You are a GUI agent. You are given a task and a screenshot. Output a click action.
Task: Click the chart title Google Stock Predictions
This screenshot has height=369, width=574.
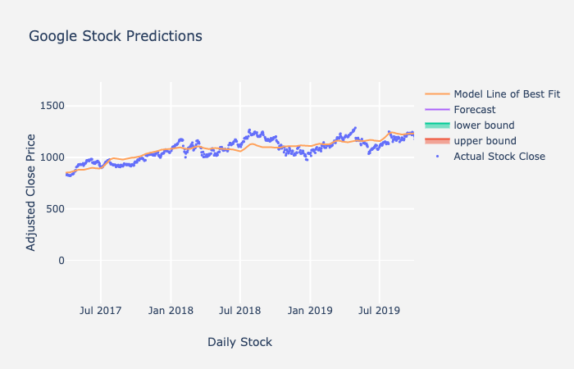pyautogui.click(x=116, y=37)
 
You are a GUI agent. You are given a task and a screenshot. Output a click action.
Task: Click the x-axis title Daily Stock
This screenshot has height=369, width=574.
pyautogui.click(x=239, y=342)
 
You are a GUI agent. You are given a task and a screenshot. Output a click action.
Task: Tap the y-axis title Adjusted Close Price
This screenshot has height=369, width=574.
pyautogui.click(x=31, y=192)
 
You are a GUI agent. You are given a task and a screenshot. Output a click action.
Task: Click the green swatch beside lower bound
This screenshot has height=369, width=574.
pyautogui.click(x=437, y=125)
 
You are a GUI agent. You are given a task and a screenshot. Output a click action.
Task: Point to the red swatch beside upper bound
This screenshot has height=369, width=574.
pyautogui.click(x=437, y=141)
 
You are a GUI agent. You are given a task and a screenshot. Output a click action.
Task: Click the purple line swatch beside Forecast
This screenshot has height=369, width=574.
pyautogui.click(x=437, y=110)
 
